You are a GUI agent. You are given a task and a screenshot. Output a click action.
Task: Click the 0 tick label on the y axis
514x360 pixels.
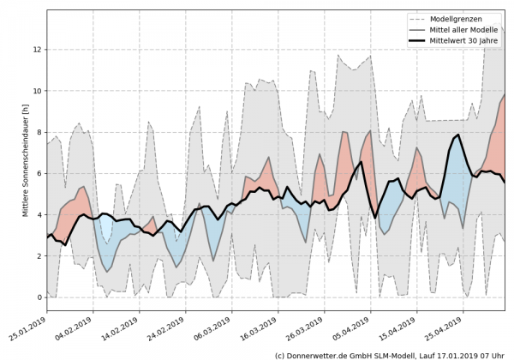(39, 297)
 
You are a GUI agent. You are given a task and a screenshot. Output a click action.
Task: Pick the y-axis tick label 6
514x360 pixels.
(39, 173)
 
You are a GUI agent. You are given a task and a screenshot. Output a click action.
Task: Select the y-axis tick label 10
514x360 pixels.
(37, 91)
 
